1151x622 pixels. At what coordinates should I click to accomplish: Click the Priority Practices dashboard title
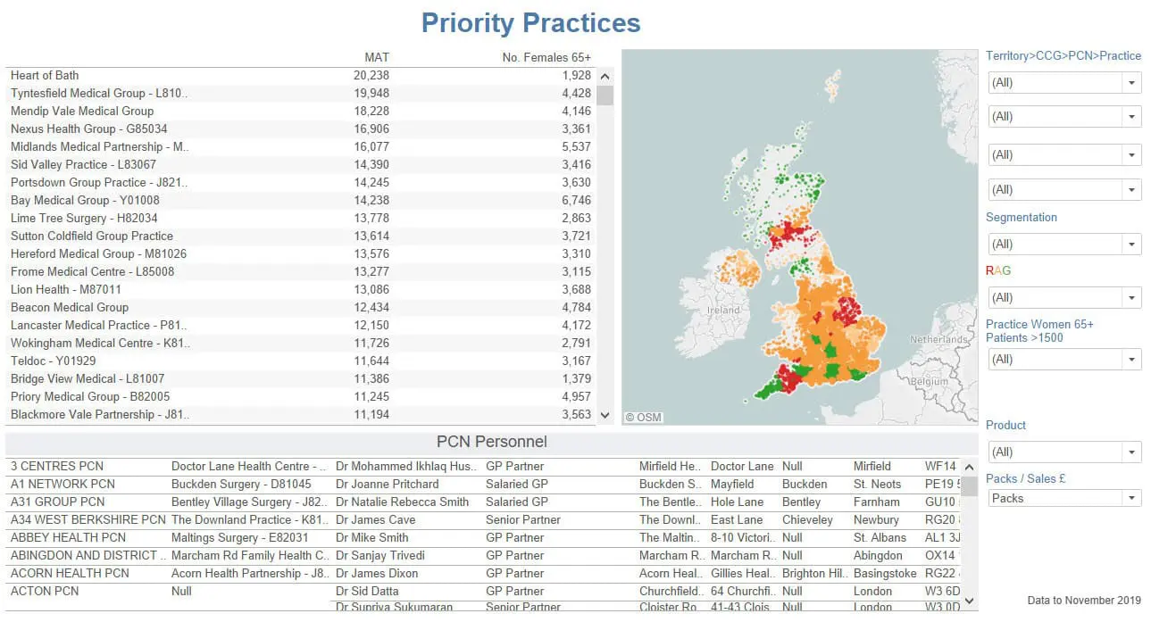coord(530,23)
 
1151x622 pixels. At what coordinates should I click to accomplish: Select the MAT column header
coord(377,57)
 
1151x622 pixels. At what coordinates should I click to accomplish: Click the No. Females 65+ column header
coord(546,57)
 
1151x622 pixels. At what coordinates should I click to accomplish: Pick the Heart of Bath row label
coord(45,76)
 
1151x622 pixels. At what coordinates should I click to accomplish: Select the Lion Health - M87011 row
coord(66,290)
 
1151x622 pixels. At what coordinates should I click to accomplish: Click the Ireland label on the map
coord(723,310)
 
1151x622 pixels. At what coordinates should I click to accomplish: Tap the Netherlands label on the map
coord(938,340)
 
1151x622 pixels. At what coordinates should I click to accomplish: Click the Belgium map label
coord(930,381)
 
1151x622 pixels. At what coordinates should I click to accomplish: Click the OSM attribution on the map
coord(643,417)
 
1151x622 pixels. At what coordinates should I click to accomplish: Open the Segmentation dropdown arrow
coord(1131,244)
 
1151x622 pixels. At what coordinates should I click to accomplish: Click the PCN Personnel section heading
coord(491,442)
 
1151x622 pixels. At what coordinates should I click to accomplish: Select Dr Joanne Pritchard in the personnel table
coord(388,485)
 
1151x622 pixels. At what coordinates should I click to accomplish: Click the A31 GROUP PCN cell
coord(57,502)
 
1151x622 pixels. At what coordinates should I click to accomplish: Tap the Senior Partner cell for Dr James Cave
coord(523,520)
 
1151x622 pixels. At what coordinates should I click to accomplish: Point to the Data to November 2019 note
coord(1084,601)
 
